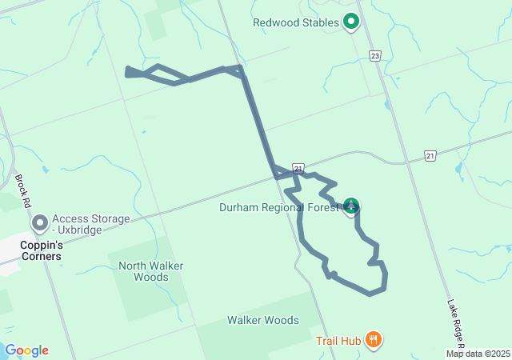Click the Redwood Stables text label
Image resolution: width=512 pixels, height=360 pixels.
(296, 22)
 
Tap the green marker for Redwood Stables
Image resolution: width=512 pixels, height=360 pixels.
(350, 22)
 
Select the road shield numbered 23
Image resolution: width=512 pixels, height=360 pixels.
(375, 55)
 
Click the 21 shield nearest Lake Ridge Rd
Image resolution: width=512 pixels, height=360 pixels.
(430, 155)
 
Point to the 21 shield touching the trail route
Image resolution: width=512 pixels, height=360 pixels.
(298, 168)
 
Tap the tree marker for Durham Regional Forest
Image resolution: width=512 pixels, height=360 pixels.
(350, 206)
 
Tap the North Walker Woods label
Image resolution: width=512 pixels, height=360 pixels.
(143, 271)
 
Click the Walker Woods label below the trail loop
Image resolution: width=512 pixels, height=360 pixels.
(262, 320)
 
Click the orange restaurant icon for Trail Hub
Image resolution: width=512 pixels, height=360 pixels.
(373, 340)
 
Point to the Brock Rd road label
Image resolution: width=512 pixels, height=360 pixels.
(22, 191)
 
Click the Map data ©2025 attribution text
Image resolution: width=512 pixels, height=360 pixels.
(478, 354)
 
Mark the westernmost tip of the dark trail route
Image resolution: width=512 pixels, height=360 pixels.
(126, 72)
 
